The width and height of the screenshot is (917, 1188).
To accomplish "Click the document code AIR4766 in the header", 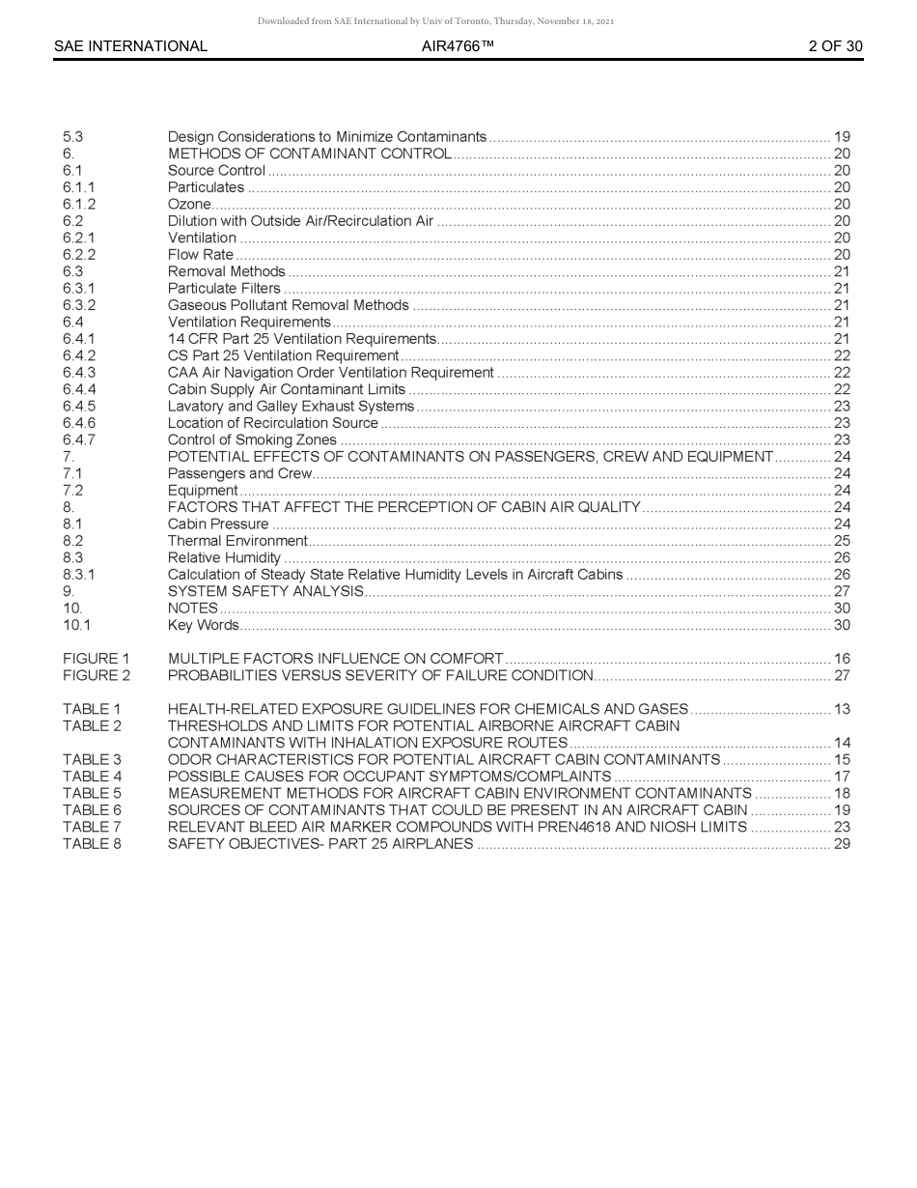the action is click(458, 46).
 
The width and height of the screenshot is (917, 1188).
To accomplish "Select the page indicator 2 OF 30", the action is click(835, 46).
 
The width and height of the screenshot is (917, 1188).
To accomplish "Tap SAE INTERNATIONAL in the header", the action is click(130, 46).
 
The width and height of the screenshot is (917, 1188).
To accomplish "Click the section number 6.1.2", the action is click(79, 204).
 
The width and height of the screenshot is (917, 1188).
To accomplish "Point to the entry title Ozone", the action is click(189, 204).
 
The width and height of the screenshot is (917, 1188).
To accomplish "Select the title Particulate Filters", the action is click(224, 288).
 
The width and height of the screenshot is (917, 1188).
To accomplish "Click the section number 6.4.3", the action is click(79, 372).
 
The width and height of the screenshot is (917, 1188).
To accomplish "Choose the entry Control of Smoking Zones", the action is click(252, 439).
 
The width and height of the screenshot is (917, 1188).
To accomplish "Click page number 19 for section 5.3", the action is click(842, 137).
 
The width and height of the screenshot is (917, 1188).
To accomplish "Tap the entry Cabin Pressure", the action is click(218, 523).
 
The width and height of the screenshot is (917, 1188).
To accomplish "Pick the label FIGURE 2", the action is click(97, 675).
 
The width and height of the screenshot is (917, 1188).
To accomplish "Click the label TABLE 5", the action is click(93, 793).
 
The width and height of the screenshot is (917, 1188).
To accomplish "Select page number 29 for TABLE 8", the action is click(842, 843).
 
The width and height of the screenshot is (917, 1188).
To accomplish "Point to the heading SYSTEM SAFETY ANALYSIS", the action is click(265, 591).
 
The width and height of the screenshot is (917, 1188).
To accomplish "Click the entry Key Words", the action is click(203, 625).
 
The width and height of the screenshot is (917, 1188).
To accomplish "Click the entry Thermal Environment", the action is click(237, 541).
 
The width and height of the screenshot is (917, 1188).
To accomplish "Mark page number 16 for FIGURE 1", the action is click(842, 659).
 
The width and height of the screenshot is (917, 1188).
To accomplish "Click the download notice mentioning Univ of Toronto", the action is click(436, 21).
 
